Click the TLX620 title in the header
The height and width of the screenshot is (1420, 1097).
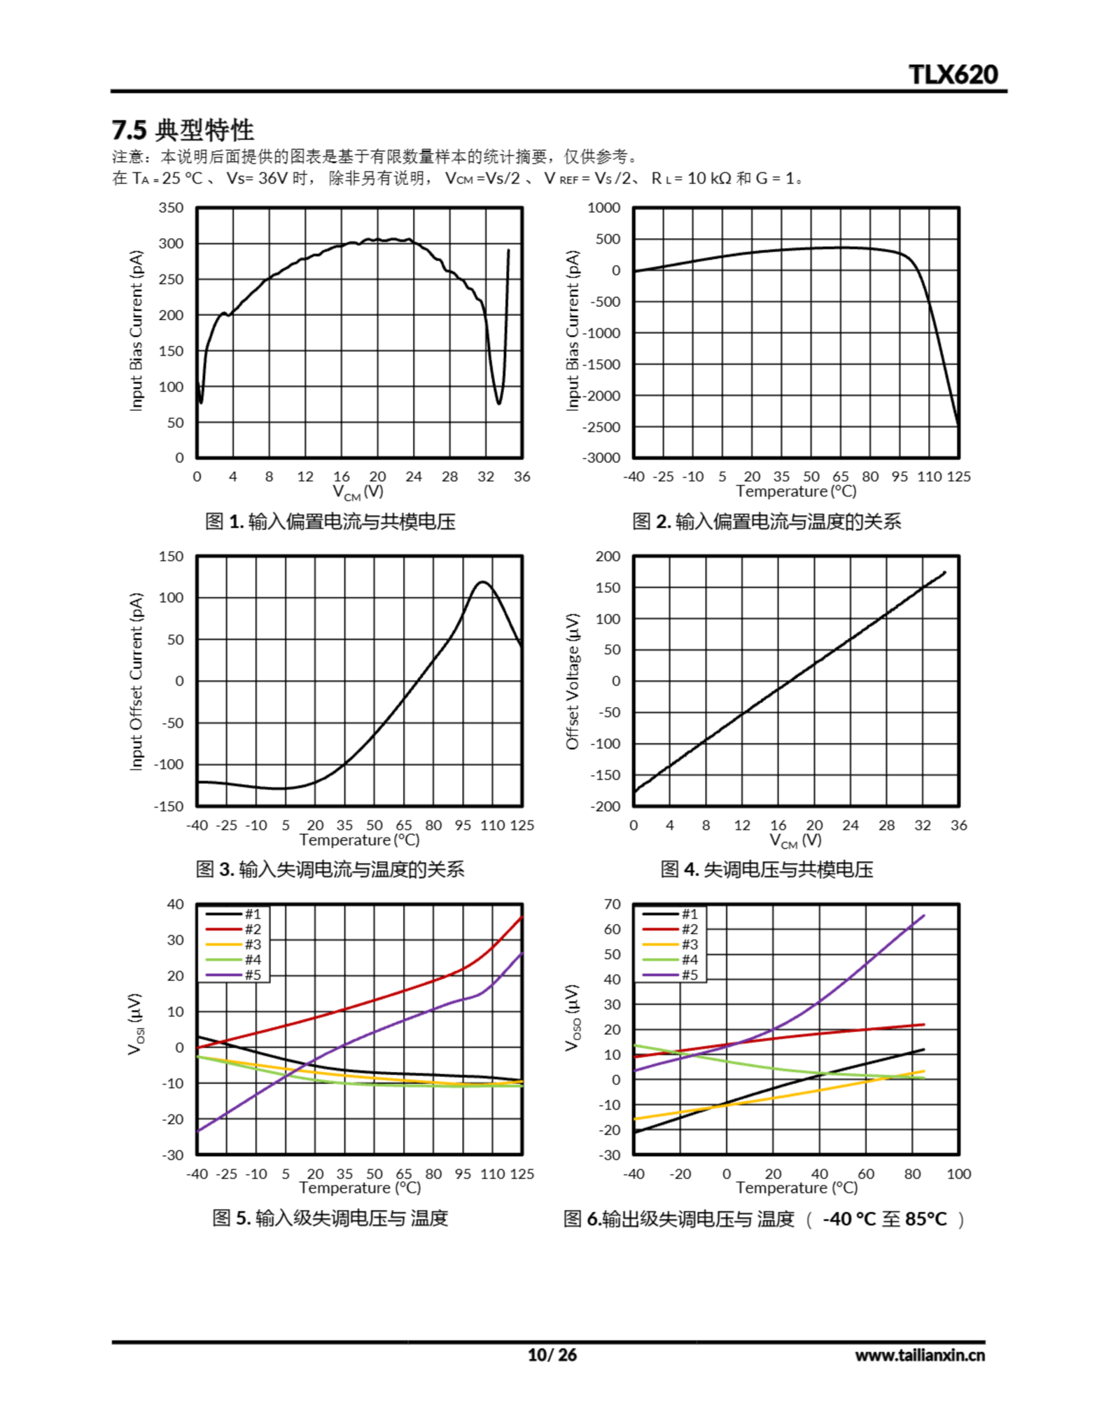pyautogui.click(x=953, y=75)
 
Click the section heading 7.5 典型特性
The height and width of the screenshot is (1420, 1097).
pyautogui.click(x=182, y=130)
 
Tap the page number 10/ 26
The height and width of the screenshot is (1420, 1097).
pyautogui.click(x=551, y=1355)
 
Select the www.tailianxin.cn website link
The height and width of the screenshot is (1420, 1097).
pyautogui.click(x=920, y=1355)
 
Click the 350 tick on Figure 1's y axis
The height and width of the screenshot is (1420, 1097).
pyautogui.click(x=171, y=208)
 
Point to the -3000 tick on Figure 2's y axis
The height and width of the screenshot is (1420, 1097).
pyautogui.click(x=602, y=458)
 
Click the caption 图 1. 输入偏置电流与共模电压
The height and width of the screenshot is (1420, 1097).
pyautogui.click(x=331, y=521)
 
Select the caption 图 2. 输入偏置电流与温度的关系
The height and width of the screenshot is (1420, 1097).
pyautogui.click(x=766, y=521)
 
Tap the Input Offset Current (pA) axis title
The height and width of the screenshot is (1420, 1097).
pyautogui.click(x=136, y=681)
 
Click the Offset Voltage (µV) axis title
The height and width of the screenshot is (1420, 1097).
pyautogui.click(x=572, y=681)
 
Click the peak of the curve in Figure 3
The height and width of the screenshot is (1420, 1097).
pyautogui.click(x=483, y=582)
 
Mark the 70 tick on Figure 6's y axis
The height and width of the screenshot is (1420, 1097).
pyautogui.click(x=612, y=904)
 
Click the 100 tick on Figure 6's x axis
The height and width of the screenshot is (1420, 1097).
pyautogui.click(x=958, y=1174)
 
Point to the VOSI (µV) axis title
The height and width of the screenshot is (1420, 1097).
pyautogui.click(x=136, y=1024)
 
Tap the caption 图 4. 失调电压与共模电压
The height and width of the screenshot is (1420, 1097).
pyautogui.click(x=766, y=869)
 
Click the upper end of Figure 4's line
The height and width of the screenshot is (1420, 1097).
pyautogui.click(x=944, y=572)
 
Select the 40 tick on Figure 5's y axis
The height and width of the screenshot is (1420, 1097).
pyautogui.click(x=176, y=904)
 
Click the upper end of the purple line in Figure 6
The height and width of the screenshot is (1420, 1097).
pyautogui.click(x=923, y=916)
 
